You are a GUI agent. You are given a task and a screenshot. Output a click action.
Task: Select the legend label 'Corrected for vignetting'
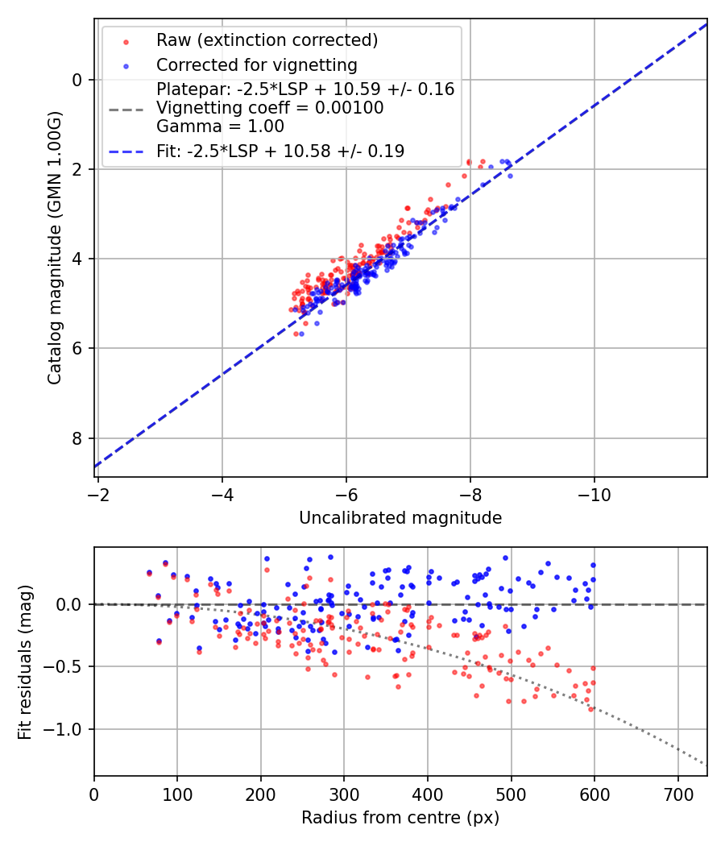(x=256, y=64)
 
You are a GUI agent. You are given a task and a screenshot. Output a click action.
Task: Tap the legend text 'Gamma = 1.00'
(x=220, y=126)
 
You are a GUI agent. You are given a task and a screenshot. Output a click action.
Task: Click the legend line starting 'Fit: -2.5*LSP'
(x=280, y=151)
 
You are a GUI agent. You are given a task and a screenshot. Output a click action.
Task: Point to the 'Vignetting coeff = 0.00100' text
(x=270, y=108)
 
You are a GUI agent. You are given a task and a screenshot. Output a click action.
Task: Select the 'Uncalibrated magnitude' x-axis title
(x=400, y=518)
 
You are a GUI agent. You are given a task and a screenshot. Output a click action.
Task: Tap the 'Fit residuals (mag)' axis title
(x=25, y=661)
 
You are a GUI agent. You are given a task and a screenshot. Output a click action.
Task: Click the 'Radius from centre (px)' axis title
(x=400, y=818)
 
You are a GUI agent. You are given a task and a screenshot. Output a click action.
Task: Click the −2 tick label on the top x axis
(x=98, y=492)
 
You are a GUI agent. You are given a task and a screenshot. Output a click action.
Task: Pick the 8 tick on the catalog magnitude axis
(x=77, y=438)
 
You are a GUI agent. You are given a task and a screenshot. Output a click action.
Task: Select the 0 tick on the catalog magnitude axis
(x=77, y=80)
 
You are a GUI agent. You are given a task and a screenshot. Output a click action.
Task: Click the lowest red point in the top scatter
(x=296, y=334)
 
